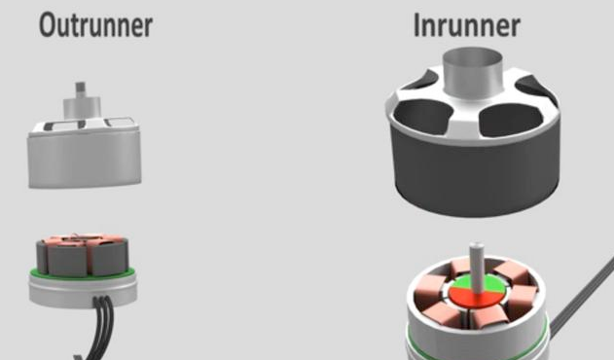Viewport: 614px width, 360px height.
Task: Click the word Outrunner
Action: (x=95, y=25)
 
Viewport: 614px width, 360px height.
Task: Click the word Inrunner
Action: (x=467, y=25)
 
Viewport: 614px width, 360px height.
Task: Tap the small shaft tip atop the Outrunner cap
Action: (x=80, y=90)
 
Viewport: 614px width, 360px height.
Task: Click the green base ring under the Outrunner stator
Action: (x=83, y=274)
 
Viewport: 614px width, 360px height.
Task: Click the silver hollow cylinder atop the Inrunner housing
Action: (x=472, y=72)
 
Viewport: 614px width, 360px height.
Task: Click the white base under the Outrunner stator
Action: (x=83, y=290)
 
